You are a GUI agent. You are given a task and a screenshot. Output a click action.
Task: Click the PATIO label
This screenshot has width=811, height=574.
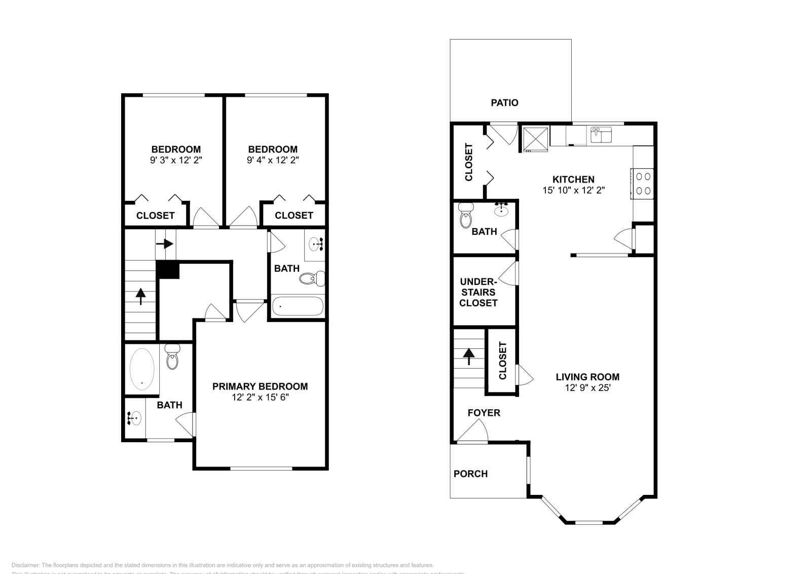point(504,103)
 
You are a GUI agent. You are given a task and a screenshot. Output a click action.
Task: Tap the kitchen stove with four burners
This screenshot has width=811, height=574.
point(643,184)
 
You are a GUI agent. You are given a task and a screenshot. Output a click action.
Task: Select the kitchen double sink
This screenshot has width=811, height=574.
point(601,135)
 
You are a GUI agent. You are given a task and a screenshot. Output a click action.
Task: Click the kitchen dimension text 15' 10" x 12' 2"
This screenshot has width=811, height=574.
point(573,191)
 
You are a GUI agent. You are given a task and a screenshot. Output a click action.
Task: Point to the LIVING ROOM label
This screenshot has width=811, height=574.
point(587,377)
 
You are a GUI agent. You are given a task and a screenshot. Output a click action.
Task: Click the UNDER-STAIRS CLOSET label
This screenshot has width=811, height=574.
point(478,292)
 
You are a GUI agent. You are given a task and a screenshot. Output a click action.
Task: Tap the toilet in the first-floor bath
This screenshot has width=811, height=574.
point(465,216)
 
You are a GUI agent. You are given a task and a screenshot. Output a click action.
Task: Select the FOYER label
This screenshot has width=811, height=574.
point(484,413)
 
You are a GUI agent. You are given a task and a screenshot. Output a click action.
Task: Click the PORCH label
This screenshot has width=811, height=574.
point(470,474)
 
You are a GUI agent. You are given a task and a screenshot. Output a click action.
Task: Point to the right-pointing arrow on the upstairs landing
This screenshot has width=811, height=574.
point(165,244)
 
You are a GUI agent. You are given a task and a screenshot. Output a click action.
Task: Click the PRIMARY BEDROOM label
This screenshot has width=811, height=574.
point(260,386)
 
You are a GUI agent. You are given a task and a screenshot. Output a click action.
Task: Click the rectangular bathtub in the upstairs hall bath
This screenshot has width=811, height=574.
point(297,306)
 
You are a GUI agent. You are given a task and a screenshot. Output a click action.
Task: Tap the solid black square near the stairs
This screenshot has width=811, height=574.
point(168,269)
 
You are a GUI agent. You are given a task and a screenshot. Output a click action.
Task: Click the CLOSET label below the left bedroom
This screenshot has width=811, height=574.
point(155,216)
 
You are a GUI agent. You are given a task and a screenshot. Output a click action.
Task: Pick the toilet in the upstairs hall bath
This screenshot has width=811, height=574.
point(312,278)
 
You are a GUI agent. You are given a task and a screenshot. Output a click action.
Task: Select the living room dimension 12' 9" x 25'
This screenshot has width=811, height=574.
point(587,388)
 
